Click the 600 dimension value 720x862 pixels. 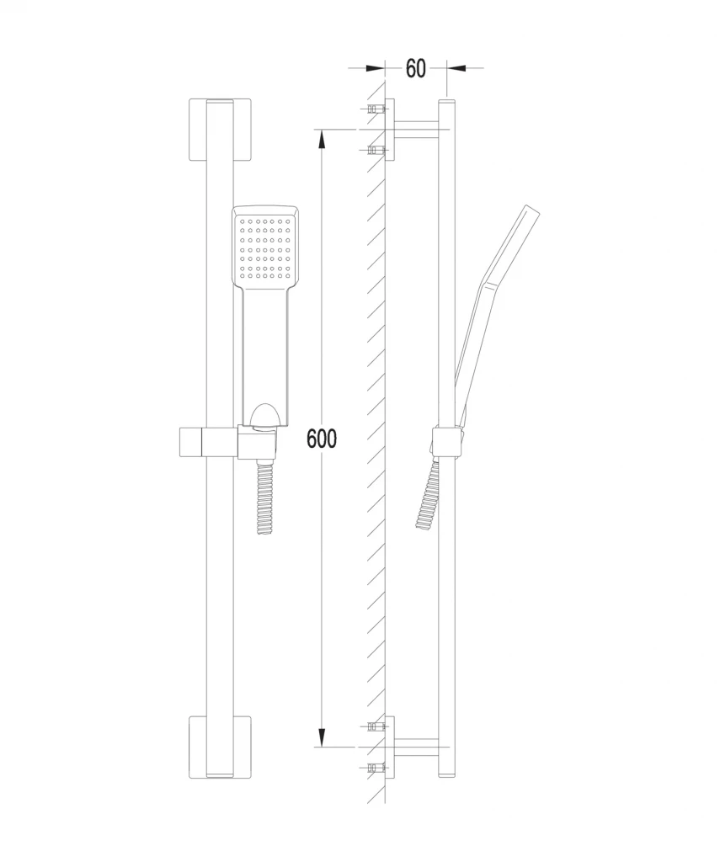(322, 438)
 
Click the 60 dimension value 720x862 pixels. (415, 68)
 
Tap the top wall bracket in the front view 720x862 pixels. (220, 130)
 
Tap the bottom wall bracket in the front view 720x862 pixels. (220, 747)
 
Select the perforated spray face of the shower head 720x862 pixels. (265, 247)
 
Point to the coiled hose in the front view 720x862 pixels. (265, 498)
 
